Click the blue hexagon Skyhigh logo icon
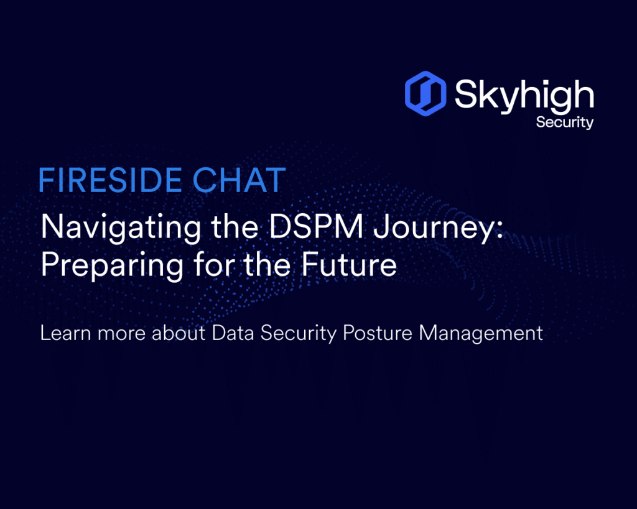(x=425, y=93)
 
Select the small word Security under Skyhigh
(x=565, y=122)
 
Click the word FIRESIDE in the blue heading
(x=110, y=180)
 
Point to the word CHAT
(x=239, y=180)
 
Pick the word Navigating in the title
(x=121, y=227)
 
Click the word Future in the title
(x=349, y=264)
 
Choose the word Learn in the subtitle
(x=65, y=333)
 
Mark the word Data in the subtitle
(x=233, y=333)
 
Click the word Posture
(x=378, y=333)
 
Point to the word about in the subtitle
(x=179, y=333)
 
